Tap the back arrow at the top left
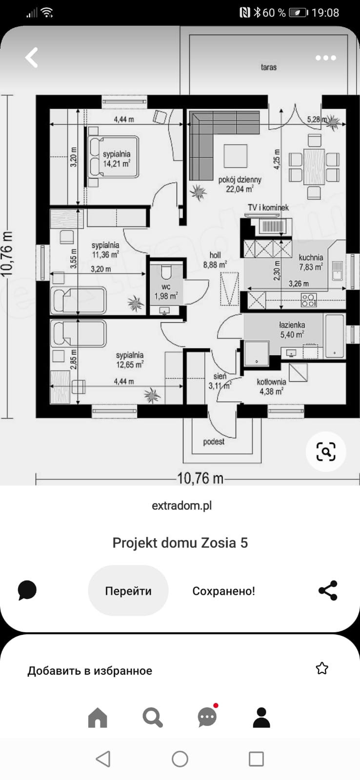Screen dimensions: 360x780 tap(31, 58)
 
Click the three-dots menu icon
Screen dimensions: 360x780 tap(325, 58)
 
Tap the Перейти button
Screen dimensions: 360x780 tap(128, 591)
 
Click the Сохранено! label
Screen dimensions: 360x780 tap(224, 591)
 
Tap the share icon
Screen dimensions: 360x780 tap(328, 590)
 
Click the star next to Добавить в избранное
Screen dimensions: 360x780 tap(321, 668)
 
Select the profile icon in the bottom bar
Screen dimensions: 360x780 tap(261, 718)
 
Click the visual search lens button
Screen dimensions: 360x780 tap(326, 451)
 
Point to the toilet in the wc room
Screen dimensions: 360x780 tap(166, 272)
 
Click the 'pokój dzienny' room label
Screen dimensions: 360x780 tap(240, 180)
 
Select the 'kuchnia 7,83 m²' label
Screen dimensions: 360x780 tap(311, 262)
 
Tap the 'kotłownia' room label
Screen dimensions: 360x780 tap(272, 382)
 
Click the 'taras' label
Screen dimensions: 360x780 tap(269, 67)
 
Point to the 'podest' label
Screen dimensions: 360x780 tap(214, 442)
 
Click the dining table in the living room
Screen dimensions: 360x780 tap(314, 166)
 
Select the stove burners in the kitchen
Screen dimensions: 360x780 tap(309, 300)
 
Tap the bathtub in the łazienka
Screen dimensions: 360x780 tap(335, 336)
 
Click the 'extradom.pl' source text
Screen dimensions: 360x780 tap(181, 506)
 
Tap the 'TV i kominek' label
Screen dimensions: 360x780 tap(268, 208)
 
